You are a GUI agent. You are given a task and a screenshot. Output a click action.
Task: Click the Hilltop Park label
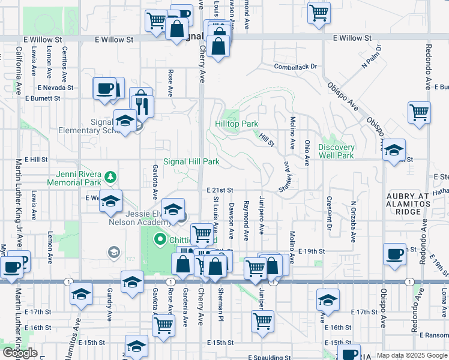pos(237,124)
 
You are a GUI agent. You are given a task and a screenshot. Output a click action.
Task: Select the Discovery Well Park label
pos(336,151)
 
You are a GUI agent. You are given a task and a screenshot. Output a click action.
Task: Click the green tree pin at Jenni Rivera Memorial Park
pos(109,177)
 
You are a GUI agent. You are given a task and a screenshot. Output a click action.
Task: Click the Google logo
pos(20,353)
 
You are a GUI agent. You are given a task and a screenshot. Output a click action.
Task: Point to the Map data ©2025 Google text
pos(412,356)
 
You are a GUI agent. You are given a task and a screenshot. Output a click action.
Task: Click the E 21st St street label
pos(219,190)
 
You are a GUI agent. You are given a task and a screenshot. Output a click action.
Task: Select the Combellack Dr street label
pos(295,67)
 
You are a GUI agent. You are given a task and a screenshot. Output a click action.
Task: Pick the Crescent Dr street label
pos(329,213)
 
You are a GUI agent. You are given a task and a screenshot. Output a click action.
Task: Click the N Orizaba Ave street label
pos(354,210)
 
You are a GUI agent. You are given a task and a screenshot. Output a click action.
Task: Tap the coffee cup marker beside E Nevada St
pos(104,88)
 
